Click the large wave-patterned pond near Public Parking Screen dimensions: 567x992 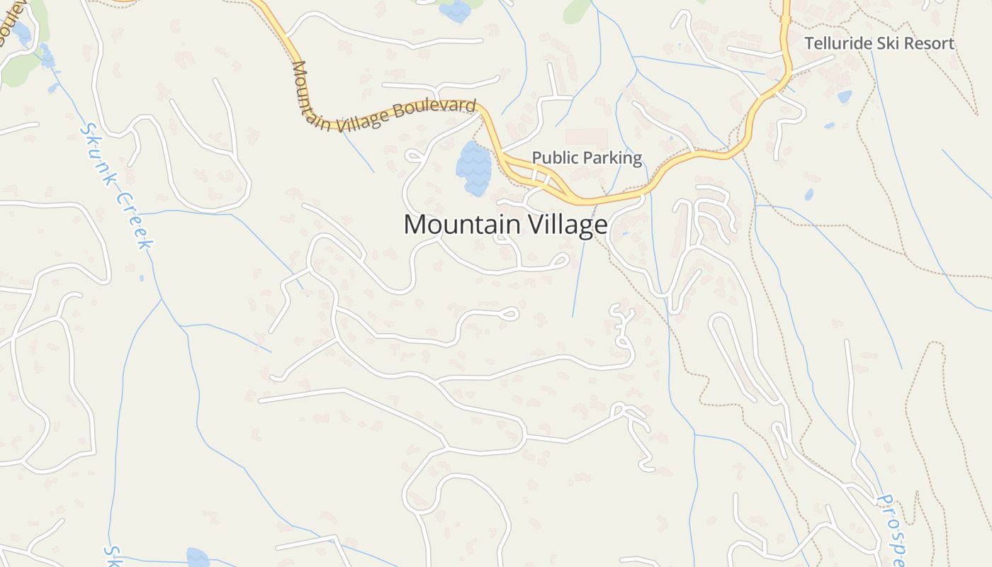(473, 169)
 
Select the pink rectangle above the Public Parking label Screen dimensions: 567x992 (586, 137)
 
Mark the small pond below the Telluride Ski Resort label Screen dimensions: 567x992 (844, 96)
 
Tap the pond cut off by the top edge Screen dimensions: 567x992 (455, 9)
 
